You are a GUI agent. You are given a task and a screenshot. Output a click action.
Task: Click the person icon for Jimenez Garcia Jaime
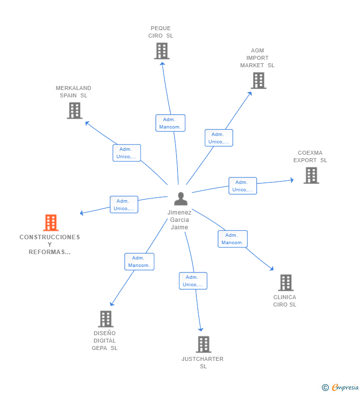[181, 199]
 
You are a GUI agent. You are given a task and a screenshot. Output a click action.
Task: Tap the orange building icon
[50, 223]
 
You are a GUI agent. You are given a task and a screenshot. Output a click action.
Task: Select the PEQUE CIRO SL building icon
[162, 51]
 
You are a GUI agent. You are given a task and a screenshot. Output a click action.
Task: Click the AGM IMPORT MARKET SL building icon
[258, 81]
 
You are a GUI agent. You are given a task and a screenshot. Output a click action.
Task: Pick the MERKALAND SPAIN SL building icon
[74, 111]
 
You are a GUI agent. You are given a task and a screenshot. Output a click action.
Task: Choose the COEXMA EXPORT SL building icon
[311, 175]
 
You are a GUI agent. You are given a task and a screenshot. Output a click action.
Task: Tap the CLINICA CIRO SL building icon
[285, 283]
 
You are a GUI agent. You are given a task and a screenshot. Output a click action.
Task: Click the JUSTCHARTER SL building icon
[203, 344]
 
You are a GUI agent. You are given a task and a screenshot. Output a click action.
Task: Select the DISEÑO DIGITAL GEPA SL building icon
[105, 319]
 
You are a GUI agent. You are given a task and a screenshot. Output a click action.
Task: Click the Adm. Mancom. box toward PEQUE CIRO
[170, 123]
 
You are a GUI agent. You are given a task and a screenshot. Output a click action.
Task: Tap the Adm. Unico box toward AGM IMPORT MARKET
[219, 138]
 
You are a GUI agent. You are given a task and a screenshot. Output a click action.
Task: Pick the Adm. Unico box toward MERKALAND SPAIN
[127, 153]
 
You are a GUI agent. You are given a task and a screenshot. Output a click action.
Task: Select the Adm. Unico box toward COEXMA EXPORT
[242, 186]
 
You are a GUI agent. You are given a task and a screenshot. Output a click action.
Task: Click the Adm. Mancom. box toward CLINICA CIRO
[232, 239]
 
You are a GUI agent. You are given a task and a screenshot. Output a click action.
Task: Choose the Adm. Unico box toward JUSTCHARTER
[193, 281]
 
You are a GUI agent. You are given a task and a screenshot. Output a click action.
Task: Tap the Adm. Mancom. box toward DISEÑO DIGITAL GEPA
[139, 262]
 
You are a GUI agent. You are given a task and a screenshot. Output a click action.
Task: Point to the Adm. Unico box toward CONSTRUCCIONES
[124, 205]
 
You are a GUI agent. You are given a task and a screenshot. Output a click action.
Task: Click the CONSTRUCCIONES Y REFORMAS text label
[49, 244]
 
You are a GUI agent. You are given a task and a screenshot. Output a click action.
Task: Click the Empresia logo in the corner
[341, 388]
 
